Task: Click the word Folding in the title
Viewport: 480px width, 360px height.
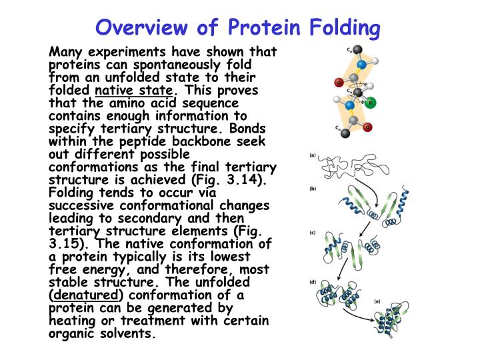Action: pyautogui.click(x=346, y=28)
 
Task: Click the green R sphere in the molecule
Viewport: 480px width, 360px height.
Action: pyautogui.click(x=371, y=102)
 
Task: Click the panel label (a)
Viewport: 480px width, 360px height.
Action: pyautogui.click(x=312, y=155)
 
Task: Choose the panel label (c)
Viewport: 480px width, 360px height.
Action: pyautogui.click(x=312, y=232)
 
